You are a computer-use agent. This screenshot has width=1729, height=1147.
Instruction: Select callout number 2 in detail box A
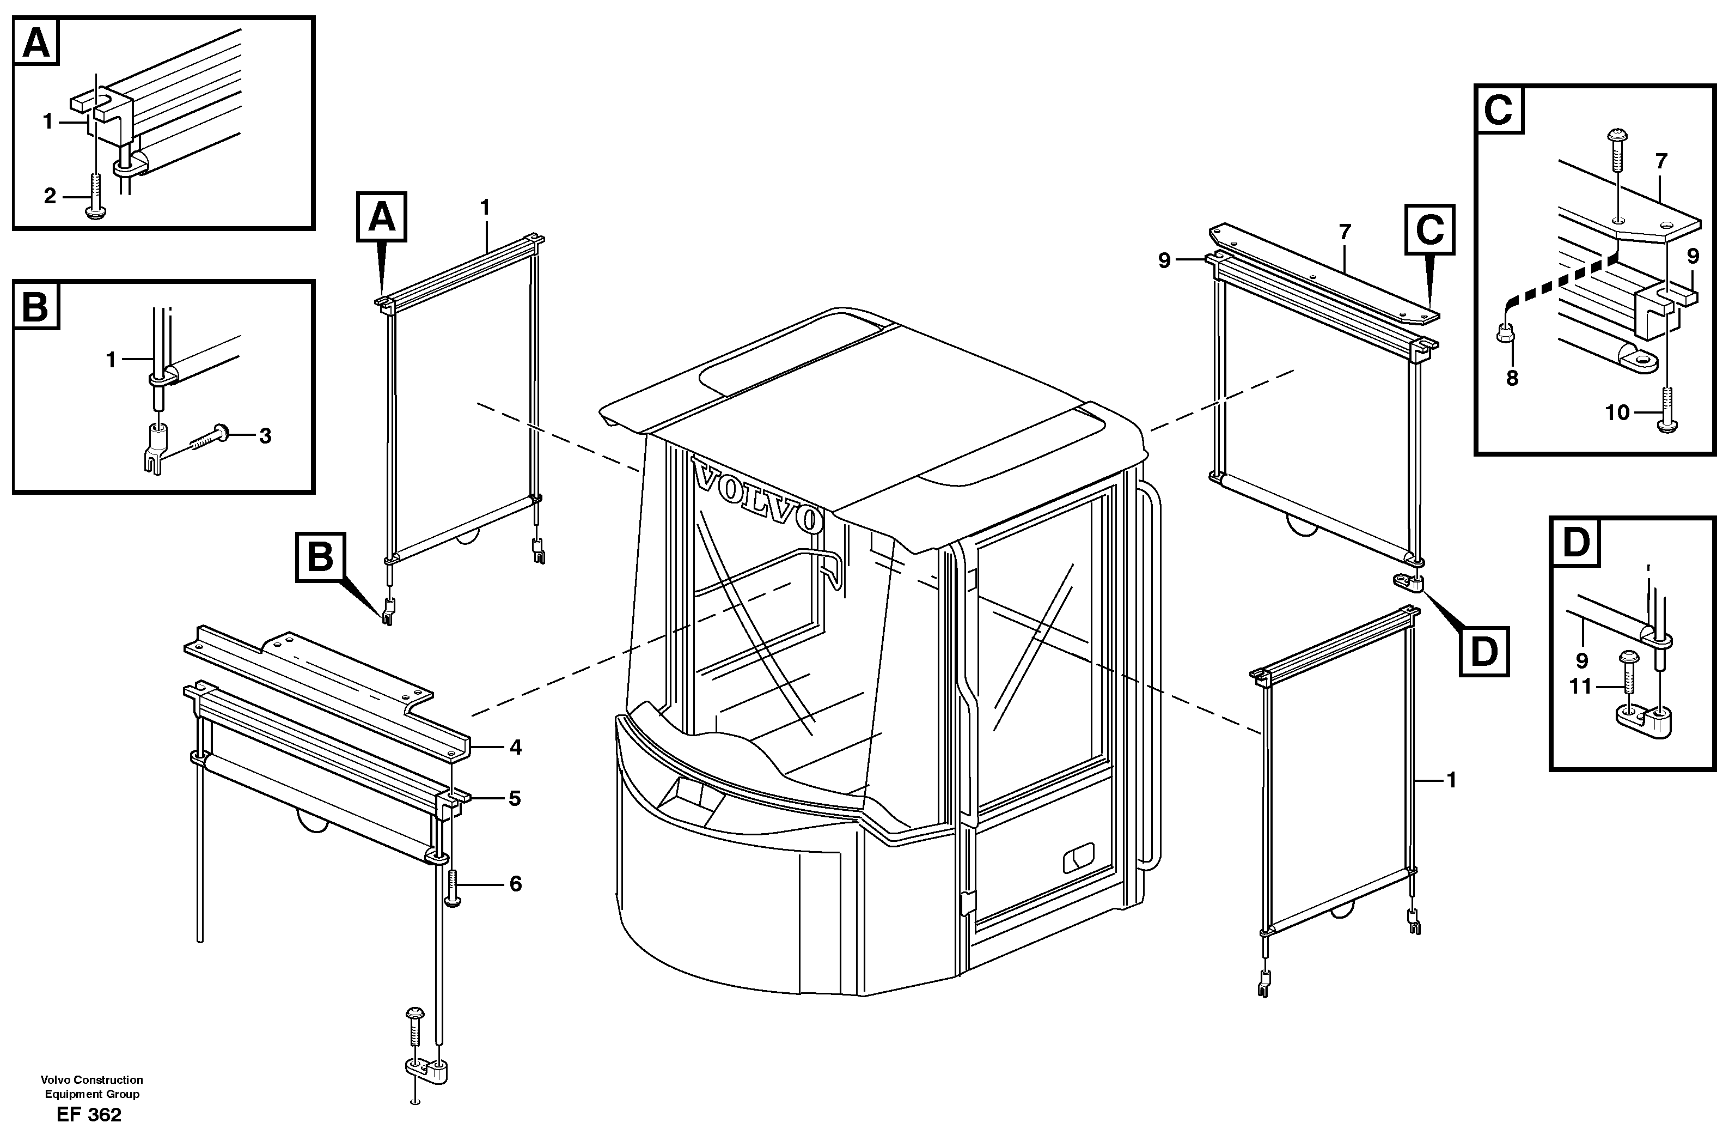click(x=50, y=196)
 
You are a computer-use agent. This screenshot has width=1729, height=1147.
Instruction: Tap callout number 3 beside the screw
click(x=265, y=436)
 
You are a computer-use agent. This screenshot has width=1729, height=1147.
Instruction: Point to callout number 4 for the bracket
click(x=515, y=747)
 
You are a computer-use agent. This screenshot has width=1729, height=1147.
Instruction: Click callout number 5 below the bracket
click(x=515, y=799)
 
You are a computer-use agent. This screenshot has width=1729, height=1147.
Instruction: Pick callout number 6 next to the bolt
click(x=515, y=884)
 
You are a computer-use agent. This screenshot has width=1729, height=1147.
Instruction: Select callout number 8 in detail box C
click(x=1512, y=378)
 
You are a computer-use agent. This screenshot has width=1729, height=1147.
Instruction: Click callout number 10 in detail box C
click(x=1617, y=412)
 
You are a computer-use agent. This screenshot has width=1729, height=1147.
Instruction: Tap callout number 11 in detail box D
click(x=1580, y=687)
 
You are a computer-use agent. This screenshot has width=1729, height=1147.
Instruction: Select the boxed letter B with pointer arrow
click(x=320, y=557)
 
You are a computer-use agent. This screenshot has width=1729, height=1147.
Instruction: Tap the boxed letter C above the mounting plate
click(x=1429, y=230)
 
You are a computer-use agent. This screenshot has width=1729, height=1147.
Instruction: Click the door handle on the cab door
click(x=1078, y=857)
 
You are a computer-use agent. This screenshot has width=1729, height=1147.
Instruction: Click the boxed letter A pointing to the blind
click(x=381, y=217)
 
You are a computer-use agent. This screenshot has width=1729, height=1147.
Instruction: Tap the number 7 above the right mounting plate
click(x=1345, y=233)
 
